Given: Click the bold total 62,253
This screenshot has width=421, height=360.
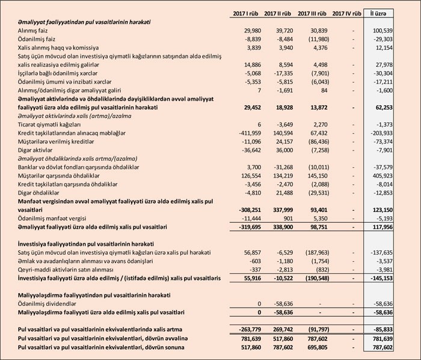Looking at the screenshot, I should tap(394, 106).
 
